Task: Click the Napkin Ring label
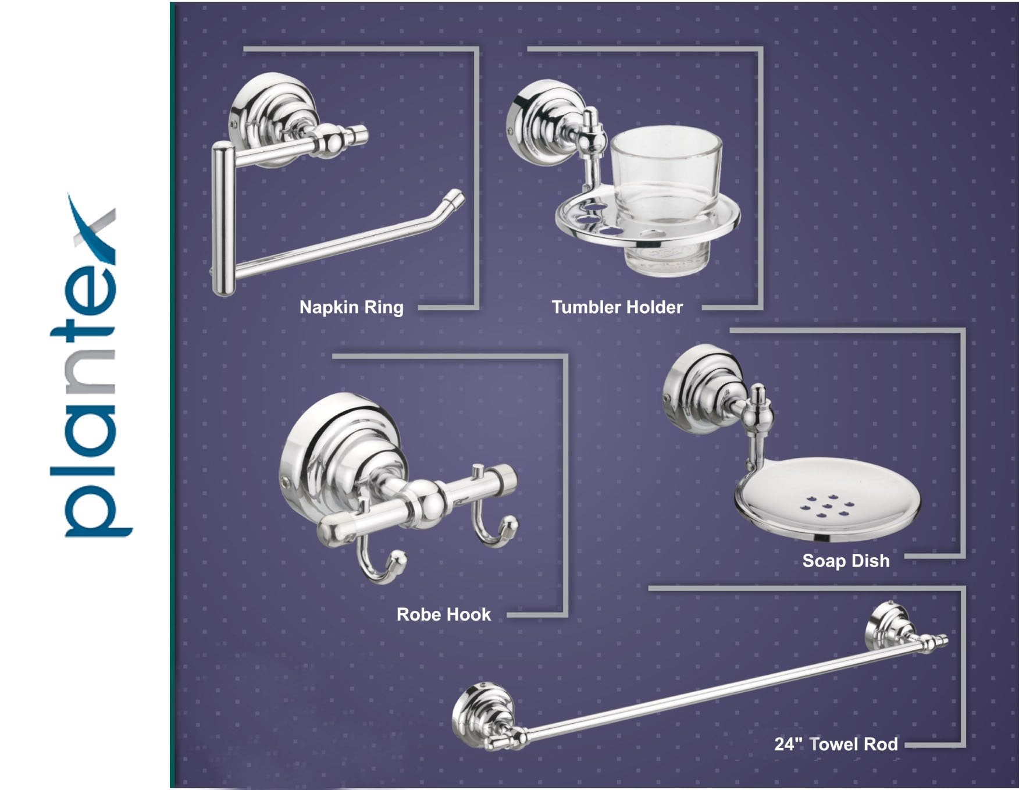[351, 307]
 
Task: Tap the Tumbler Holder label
[617, 307]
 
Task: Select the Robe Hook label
[444, 614]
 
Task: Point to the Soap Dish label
[846, 561]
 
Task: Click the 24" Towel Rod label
[836, 744]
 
